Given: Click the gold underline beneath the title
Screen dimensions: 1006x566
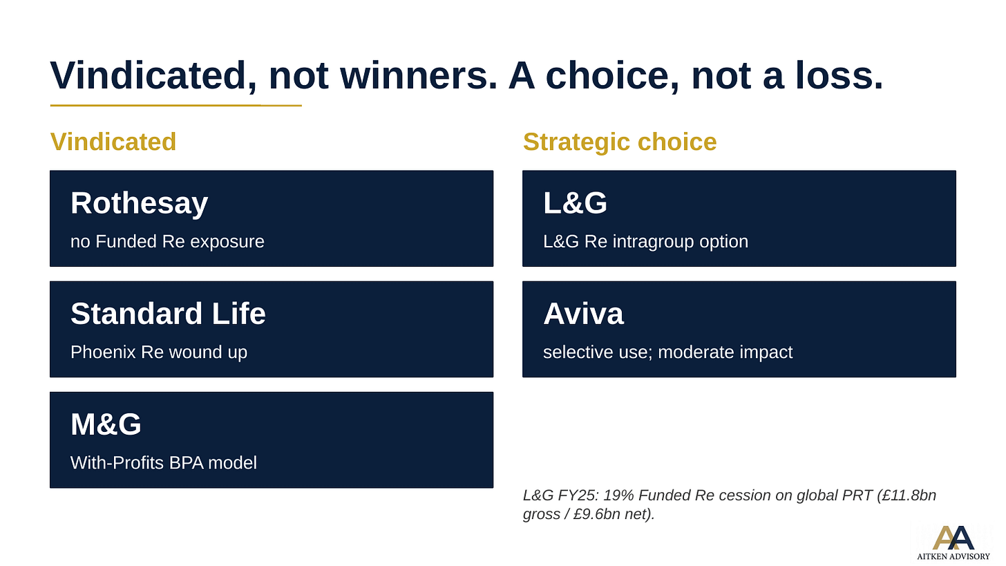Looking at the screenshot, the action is [x=175, y=106].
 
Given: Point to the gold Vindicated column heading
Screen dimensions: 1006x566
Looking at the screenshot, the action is [x=113, y=142].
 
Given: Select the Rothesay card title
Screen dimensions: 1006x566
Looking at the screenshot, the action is [x=140, y=203].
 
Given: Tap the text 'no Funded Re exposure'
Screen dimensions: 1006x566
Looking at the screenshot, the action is [x=167, y=242].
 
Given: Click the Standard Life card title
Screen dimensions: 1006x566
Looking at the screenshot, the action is [x=168, y=314].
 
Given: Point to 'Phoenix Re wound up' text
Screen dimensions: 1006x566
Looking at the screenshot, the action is [x=159, y=352].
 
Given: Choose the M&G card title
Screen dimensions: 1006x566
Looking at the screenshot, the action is [x=106, y=424].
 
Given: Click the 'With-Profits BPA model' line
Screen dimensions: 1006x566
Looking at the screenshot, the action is [x=164, y=463].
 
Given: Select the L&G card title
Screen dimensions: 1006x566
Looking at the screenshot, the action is [x=576, y=203].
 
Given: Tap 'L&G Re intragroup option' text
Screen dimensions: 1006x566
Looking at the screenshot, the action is [x=646, y=242].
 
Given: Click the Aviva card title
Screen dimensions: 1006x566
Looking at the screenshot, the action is [x=583, y=314].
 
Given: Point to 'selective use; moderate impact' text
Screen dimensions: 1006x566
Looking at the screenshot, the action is [x=668, y=352].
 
